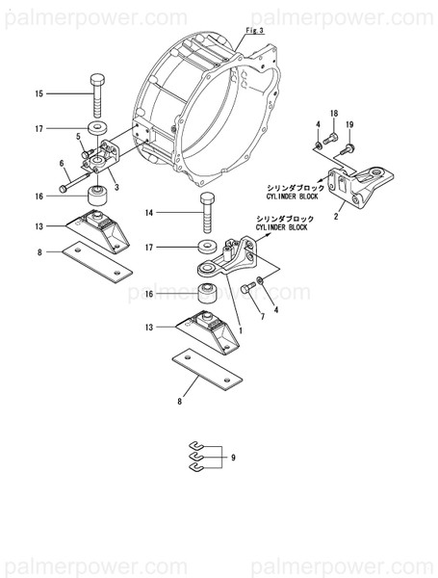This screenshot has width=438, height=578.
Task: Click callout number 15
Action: point(39,93)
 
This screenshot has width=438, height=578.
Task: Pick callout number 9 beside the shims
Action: point(232,457)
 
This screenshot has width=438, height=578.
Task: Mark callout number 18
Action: point(334,115)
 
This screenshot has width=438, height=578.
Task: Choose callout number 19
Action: point(349,124)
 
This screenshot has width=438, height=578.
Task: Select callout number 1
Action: point(240,330)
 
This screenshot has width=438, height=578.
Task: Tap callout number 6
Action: point(61,163)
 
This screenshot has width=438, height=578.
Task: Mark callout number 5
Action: point(77,139)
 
